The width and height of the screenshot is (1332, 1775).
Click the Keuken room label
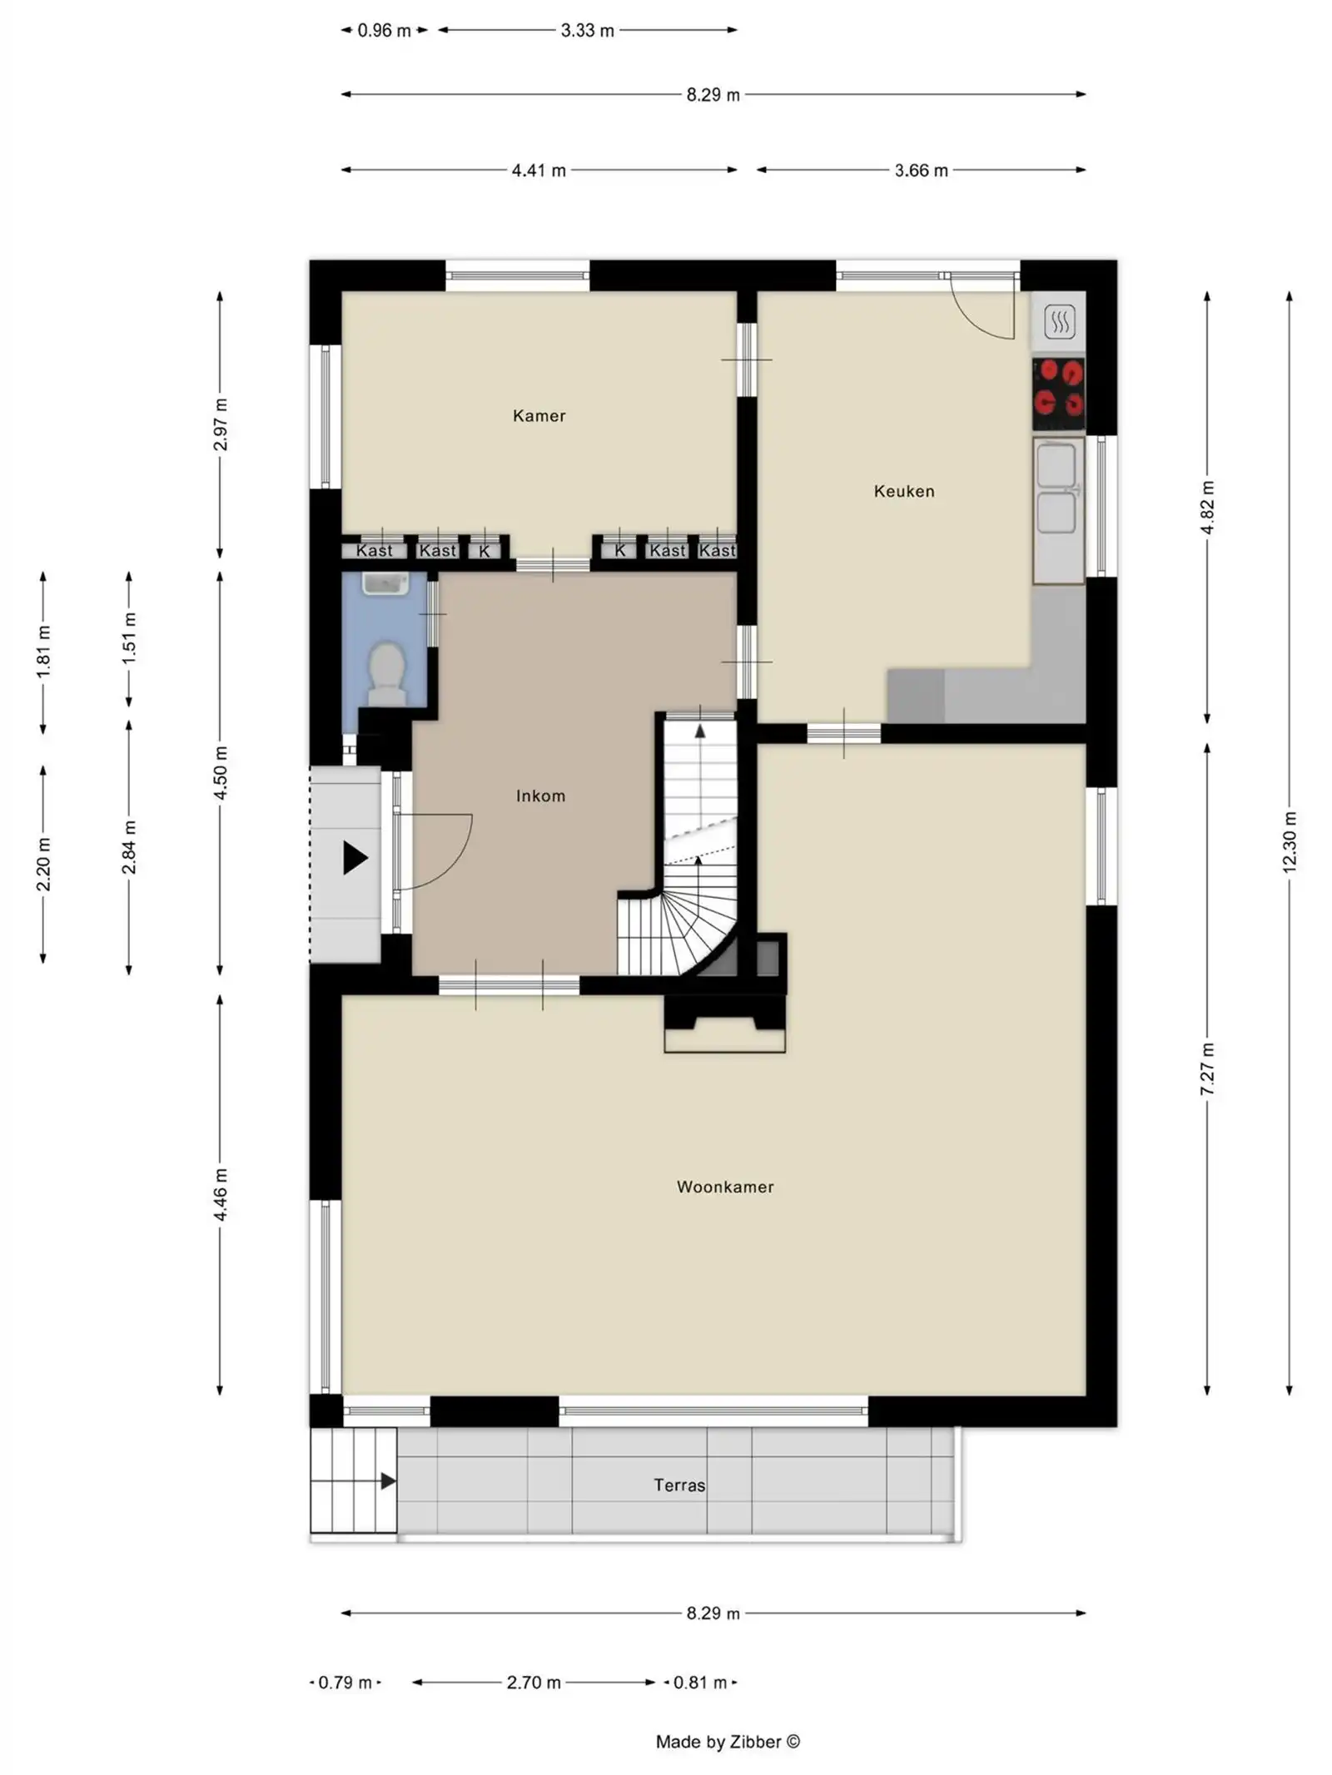tap(903, 491)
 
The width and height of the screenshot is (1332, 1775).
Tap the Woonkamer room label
tap(724, 1187)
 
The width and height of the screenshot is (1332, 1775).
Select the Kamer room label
tap(539, 415)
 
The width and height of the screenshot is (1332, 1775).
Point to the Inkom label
tap(540, 796)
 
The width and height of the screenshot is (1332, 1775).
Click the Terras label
tap(679, 1485)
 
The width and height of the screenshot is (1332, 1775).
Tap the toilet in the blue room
tap(386, 672)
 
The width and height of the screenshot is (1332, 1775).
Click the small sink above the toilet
tap(385, 583)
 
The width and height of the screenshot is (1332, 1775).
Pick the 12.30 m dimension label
tap(1289, 841)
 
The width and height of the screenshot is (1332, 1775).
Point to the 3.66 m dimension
tap(921, 170)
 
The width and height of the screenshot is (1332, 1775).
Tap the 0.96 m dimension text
tap(384, 31)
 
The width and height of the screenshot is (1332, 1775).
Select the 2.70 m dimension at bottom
tap(533, 1682)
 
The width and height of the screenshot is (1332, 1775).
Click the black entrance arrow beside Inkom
tap(355, 858)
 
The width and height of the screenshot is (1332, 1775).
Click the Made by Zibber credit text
tap(728, 1741)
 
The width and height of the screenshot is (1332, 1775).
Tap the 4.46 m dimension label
tap(220, 1194)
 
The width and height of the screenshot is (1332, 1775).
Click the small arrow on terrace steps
tap(388, 1480)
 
